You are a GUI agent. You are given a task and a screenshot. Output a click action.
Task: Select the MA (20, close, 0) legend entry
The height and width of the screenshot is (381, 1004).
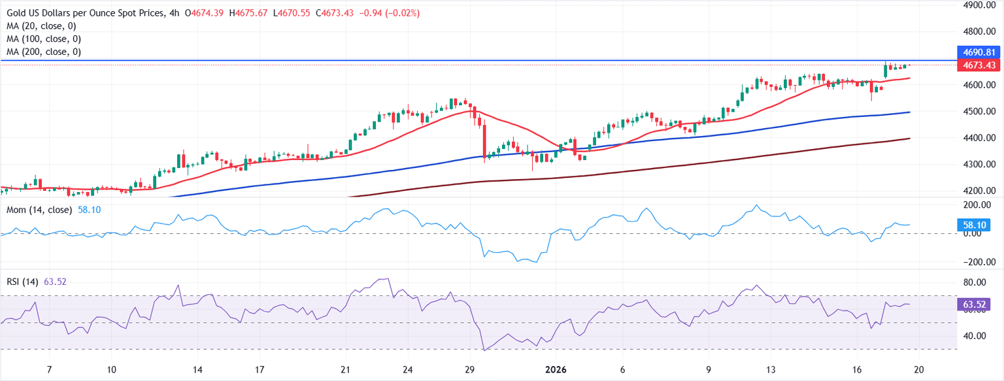click(x=42, y=26)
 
